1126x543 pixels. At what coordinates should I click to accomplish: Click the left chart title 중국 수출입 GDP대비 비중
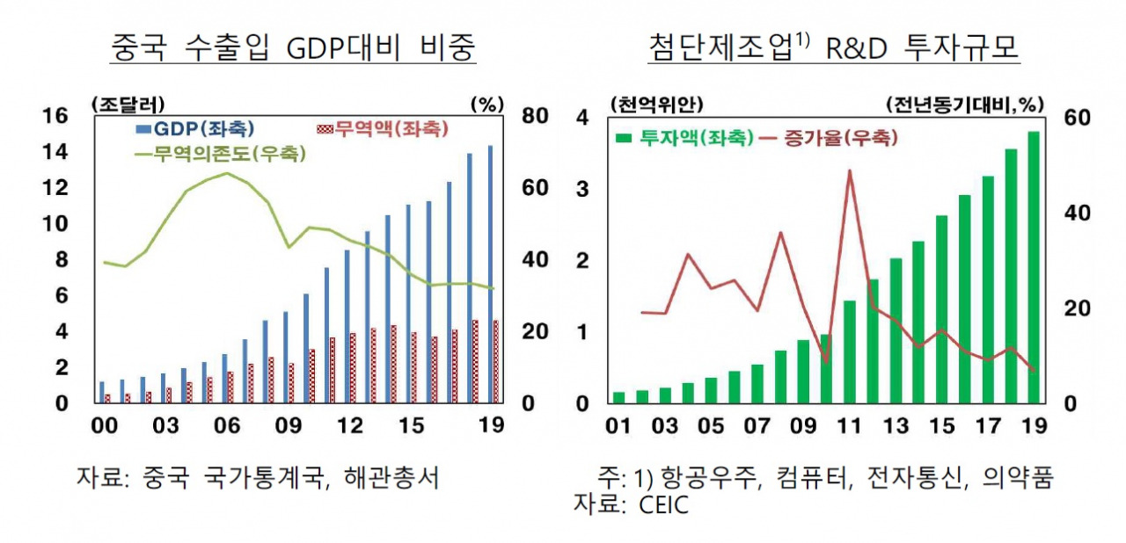coord(293,47)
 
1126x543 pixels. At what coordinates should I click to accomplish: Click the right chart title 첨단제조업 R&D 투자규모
coord(833,47)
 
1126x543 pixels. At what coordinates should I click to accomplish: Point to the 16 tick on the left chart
coord(55,116)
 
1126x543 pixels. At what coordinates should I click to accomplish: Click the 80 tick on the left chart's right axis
coord(536,116)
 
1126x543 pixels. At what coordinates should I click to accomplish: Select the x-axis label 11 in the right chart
coord(849,427)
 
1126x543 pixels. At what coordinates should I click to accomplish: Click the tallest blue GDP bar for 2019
coord(490,272)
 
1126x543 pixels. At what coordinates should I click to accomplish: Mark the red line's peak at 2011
coord(850,170)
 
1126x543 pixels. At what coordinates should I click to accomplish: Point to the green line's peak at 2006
coord(228,173)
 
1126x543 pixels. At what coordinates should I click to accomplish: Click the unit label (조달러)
coord(128,104)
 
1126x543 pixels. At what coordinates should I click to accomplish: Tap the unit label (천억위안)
coord(655,104)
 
